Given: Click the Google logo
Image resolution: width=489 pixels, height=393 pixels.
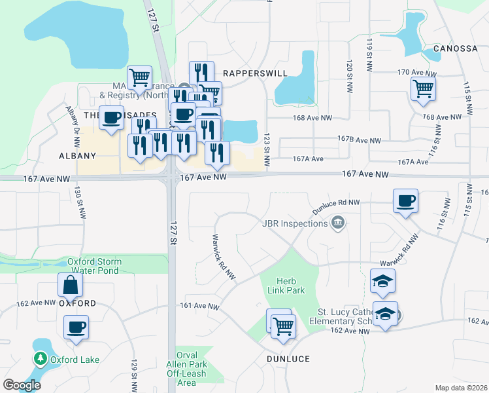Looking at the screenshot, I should click(x=21, y=385).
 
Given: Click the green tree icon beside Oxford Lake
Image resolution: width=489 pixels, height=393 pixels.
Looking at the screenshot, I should click(x=41, y=359).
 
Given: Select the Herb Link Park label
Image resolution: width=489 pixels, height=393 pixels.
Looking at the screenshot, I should click(x=291, y=285).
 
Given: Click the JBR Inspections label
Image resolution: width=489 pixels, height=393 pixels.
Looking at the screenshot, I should click(x=294, y=223).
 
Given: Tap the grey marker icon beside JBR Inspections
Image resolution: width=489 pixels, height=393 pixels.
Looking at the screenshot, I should click(x=338, y=223).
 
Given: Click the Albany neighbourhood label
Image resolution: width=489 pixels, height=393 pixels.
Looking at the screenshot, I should click(x=77, y=156).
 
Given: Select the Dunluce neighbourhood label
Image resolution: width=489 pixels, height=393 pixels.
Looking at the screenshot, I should click(x=288, y=359).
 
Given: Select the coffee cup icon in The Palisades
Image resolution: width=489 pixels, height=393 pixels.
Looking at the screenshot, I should click(x=112, y=118).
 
